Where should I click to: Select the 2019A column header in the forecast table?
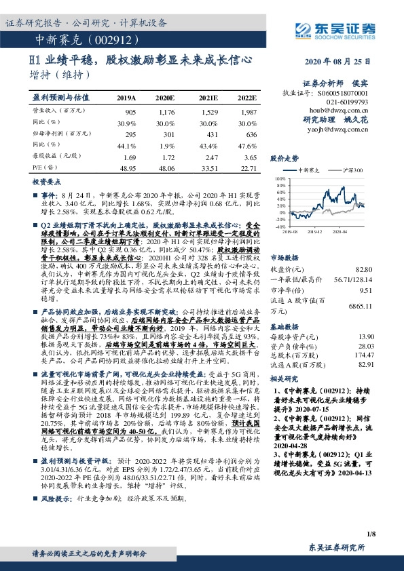(126, 98)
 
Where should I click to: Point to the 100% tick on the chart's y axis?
(280, 179)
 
